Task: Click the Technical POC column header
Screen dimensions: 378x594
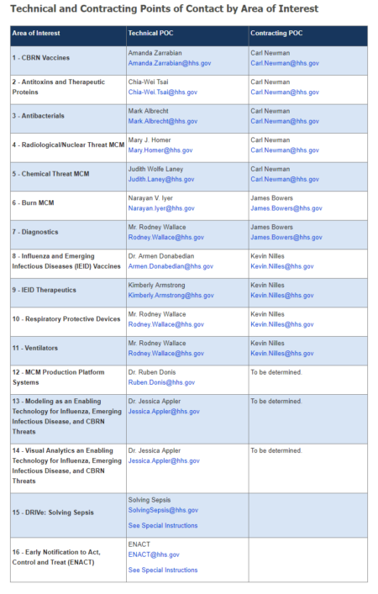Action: tap(150, 34)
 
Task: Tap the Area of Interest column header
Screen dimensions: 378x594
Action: tap(36, 34)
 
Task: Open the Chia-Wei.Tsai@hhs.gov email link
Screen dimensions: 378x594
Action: tap(163, 92)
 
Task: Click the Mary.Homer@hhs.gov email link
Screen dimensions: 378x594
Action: tap(160, 150)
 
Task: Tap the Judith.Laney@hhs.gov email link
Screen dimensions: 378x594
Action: tap(161, 179)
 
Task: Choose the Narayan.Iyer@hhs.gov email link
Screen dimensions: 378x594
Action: tap(161, 208)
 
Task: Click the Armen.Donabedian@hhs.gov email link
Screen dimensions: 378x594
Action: tap(171, 266)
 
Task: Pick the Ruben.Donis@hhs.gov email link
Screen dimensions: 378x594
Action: tap(161, 382)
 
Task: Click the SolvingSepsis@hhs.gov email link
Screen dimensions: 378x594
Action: tap(163, 510)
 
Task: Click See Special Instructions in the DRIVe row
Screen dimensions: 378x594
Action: tap(163, 526)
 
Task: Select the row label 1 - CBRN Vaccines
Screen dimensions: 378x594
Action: tap(41, 58)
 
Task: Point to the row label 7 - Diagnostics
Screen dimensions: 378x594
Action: tap(37, 232)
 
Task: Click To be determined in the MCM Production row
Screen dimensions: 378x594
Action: tap(276, 372)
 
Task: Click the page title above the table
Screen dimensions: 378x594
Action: tap(164, 9)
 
